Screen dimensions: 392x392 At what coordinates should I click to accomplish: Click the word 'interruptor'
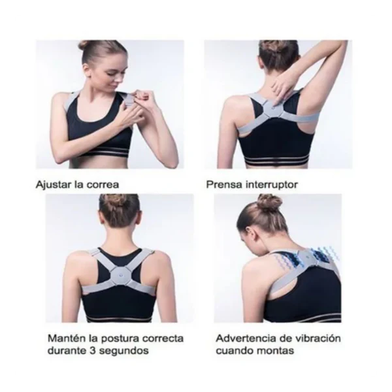point(272,185)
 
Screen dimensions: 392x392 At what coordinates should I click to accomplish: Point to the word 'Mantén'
point(67,338)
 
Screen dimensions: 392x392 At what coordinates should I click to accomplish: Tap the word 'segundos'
point(123,351)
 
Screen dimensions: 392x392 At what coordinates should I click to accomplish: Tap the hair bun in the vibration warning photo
point(269,203)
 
